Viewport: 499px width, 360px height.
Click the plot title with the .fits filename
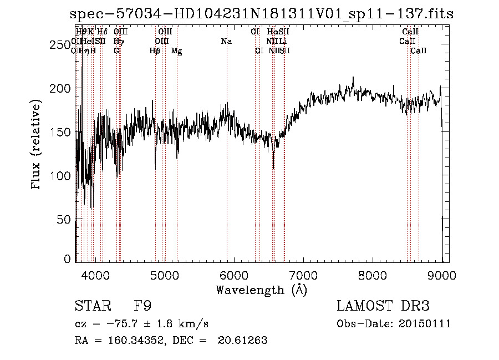pos(266,14)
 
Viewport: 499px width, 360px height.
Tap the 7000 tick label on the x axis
pos(303,275)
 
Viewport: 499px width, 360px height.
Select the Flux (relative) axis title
pos(37,145)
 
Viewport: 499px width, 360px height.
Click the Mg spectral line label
pos(177,51)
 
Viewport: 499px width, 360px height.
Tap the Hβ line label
pos(155,51)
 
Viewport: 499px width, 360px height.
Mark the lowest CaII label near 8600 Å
pos(419,51)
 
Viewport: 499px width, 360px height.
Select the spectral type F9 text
pos(143,306)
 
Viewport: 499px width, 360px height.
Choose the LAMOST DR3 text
pos(383,306)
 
